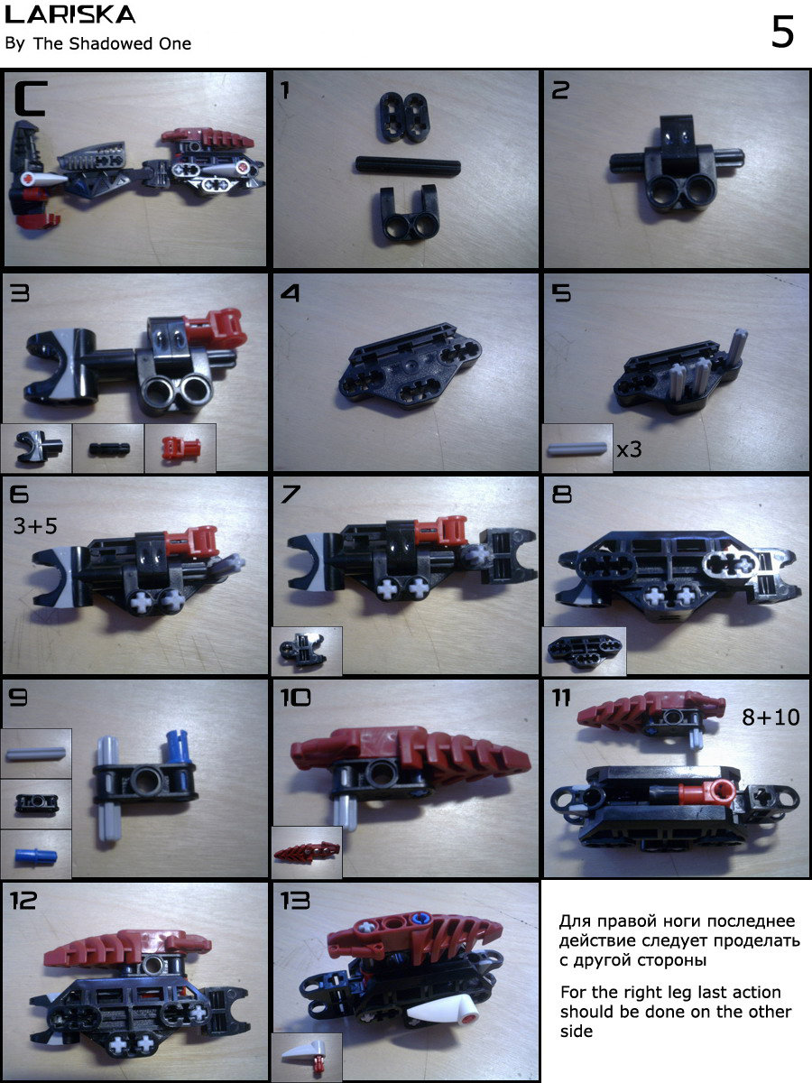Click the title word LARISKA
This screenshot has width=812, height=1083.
coord(70,14)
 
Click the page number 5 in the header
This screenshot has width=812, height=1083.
coord(782,32)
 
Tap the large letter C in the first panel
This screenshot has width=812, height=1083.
coord(31,98)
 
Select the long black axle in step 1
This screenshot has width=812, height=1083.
coord(408,165)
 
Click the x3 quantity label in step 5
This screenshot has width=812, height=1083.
coord(629,449)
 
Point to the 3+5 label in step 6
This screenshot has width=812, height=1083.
coord(35,526)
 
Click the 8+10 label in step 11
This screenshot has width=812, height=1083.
coord(770,717)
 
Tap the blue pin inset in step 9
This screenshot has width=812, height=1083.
coord(36,855)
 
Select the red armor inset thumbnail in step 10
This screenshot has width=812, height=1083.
coord(307,852)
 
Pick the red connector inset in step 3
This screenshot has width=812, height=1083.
coord(180,449)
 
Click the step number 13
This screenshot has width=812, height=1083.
coord(295,901)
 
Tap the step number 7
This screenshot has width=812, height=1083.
coord(291,495)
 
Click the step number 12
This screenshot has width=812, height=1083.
coord(23,901)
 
